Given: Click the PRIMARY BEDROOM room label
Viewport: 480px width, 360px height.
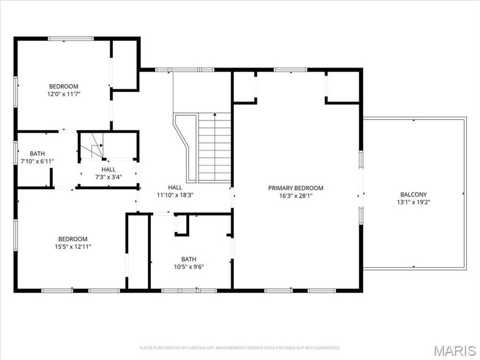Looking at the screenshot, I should click(295, 188).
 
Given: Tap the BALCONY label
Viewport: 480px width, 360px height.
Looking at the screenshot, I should click(413, 195).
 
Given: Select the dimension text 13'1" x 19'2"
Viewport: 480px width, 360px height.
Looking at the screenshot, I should click(413, 202).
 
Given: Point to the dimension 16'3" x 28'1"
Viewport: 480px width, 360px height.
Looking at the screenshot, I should click(295, 195).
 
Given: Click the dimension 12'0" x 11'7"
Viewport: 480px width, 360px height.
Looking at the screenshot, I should click(64, 94).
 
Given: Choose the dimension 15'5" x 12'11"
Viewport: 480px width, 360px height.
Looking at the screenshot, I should click(73, 246).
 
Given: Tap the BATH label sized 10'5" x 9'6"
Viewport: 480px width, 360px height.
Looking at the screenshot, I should click(189, 260).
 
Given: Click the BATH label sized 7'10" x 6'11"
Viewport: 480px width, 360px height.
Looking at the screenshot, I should click(37, 154).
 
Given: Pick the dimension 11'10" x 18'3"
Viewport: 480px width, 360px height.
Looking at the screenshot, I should click(175, 195).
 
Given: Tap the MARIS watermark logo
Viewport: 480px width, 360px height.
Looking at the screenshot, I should click(454, 350).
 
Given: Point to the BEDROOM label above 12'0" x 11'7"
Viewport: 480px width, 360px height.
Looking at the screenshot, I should click(64, 86).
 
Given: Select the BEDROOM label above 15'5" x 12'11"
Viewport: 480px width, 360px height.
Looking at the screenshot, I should click(73, 239).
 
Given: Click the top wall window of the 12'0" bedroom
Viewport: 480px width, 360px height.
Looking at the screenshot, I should click(71, 38).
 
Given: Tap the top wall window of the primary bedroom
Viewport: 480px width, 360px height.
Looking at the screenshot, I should click(291, 70).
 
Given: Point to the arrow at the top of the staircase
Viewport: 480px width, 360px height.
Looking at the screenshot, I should click(214, 115).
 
